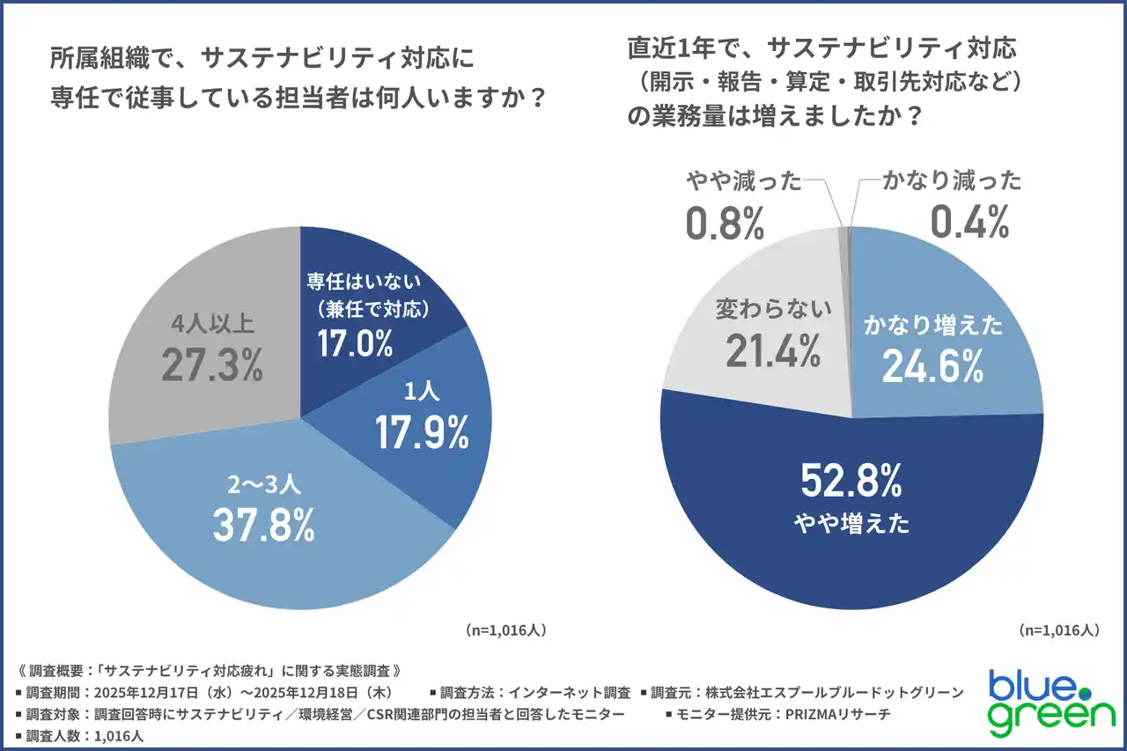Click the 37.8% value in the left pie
coord(263,526)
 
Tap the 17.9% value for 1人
coord(422,432)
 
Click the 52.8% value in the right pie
coord(851,482)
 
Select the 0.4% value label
coord(969,224)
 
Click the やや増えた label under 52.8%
coord(851,524)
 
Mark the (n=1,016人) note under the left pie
coord(506,630)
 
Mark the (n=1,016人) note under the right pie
coord(1059,630)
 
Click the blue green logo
coord(1050,702)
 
